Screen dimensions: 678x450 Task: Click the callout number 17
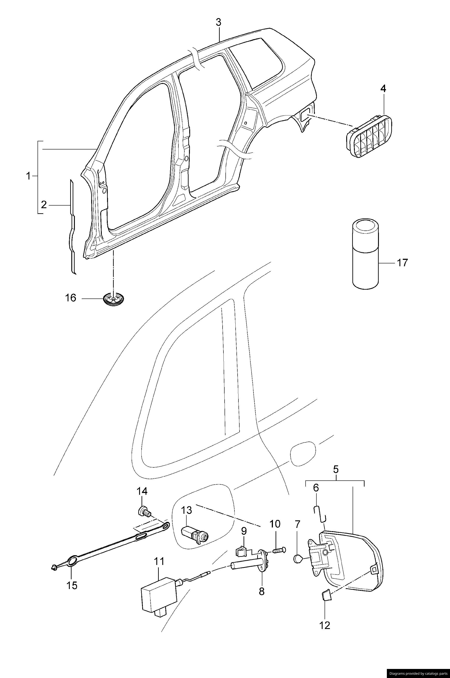(402, 263)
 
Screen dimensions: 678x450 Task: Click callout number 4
(383, 89)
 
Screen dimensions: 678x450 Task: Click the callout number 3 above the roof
(219, 22)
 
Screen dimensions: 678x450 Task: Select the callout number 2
(44, 205)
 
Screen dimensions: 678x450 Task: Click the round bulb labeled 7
(298, 559)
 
